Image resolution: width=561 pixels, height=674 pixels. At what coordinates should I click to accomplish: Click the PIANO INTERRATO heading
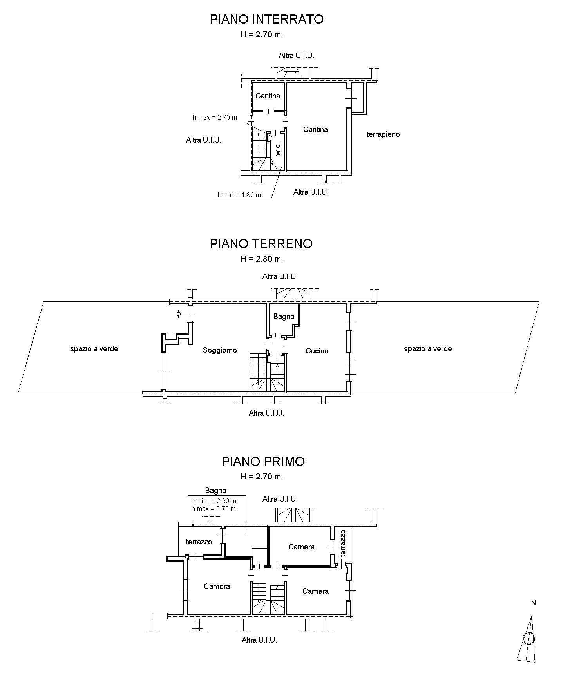pos(266,19)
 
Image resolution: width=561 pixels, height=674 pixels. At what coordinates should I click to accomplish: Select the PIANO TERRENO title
pos(261,244)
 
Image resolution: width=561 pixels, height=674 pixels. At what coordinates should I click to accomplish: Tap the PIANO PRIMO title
pos(263,462)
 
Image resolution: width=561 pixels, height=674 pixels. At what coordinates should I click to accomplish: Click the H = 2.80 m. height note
pos(262,259)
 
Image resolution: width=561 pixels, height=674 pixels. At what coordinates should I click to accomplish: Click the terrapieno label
pos(383,134)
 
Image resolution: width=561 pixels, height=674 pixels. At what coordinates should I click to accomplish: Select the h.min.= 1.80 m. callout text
pos(240,195)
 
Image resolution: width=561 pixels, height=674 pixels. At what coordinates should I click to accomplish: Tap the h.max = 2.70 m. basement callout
pos(215,117)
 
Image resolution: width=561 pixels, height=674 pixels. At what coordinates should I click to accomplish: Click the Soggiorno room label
pos(220,350)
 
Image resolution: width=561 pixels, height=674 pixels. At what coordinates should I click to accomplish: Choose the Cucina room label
pos(317,351)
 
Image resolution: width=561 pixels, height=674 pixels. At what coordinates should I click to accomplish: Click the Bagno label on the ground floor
pos(284,317)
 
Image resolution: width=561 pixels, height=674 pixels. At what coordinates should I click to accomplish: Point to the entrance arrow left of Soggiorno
pos(179,314)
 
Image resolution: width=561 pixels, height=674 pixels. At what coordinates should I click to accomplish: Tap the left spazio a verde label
pos(94,349)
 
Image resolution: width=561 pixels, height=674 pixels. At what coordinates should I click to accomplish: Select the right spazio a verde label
pos(428,349)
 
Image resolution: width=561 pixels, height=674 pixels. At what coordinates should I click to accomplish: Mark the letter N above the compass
pos(533,603)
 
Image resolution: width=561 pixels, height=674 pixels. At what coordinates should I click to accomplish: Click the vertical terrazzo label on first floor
pos(343,543)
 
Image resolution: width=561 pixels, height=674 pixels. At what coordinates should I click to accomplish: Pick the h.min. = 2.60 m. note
pos(214,501)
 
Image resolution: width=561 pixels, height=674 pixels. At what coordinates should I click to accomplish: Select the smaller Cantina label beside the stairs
pos(268,96)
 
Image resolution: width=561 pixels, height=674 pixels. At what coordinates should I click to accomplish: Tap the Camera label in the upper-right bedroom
pos(301,547)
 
